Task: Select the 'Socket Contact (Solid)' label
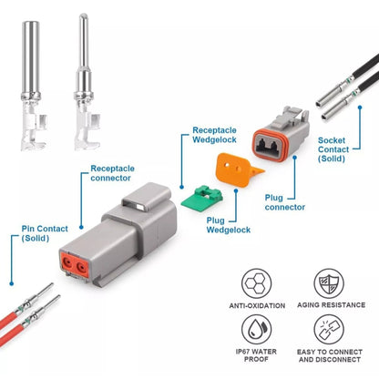tap(343, 146)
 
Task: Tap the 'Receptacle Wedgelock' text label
tap(216, 137)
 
